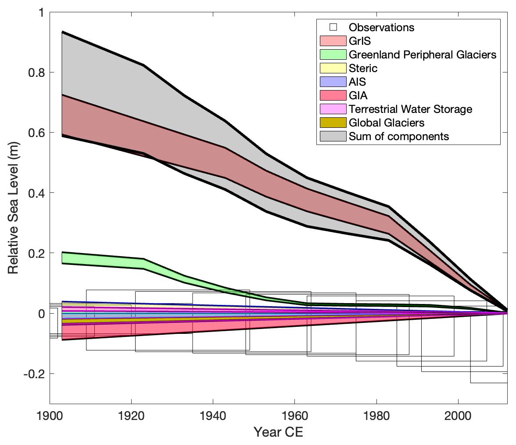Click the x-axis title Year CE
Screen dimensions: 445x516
pyautogui.click(x=278, y=432)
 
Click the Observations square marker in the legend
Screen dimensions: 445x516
pyautogui.click(x=333, y=27)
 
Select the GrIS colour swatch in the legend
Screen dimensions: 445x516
pyautogui.click(x=333, y=41)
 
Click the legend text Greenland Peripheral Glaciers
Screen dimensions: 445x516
pyautogui.click(x=422, y=54)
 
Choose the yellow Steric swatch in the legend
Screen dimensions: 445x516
pyautogui.click(x=333, y=68)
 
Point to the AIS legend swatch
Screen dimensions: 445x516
pyautogui.click(x=333, y=82)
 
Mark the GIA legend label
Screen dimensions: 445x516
pyautogui.click(x=357, y=95)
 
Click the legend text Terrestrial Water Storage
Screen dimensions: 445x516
pyautogui.click(x=410, y=109)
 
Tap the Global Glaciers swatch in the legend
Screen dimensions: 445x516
pyautogui.click(x=333, y=123)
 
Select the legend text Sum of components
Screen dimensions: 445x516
pyautogui.click(x=399, y=136)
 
